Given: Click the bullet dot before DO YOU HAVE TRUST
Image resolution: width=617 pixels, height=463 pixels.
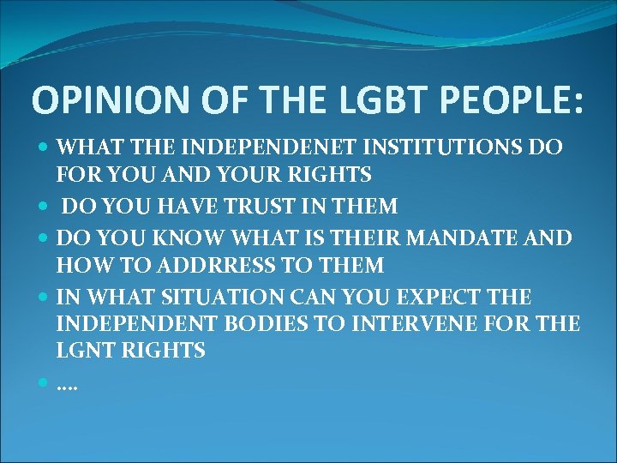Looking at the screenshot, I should [x=45, y=206].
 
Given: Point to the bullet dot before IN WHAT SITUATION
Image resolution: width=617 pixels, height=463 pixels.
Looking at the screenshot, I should [x=45, y=297].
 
